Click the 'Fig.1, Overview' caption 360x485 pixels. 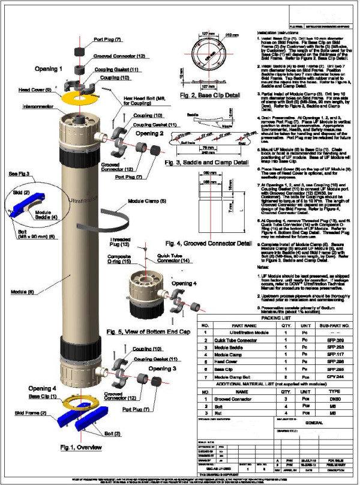pos(76,447)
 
